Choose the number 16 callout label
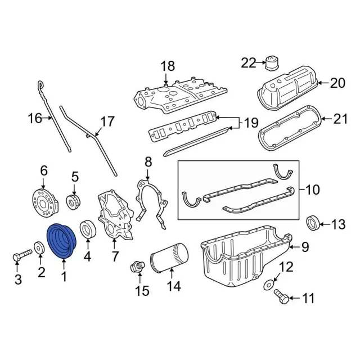(x=35, y=119)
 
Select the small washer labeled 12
(x=270, y=279)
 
